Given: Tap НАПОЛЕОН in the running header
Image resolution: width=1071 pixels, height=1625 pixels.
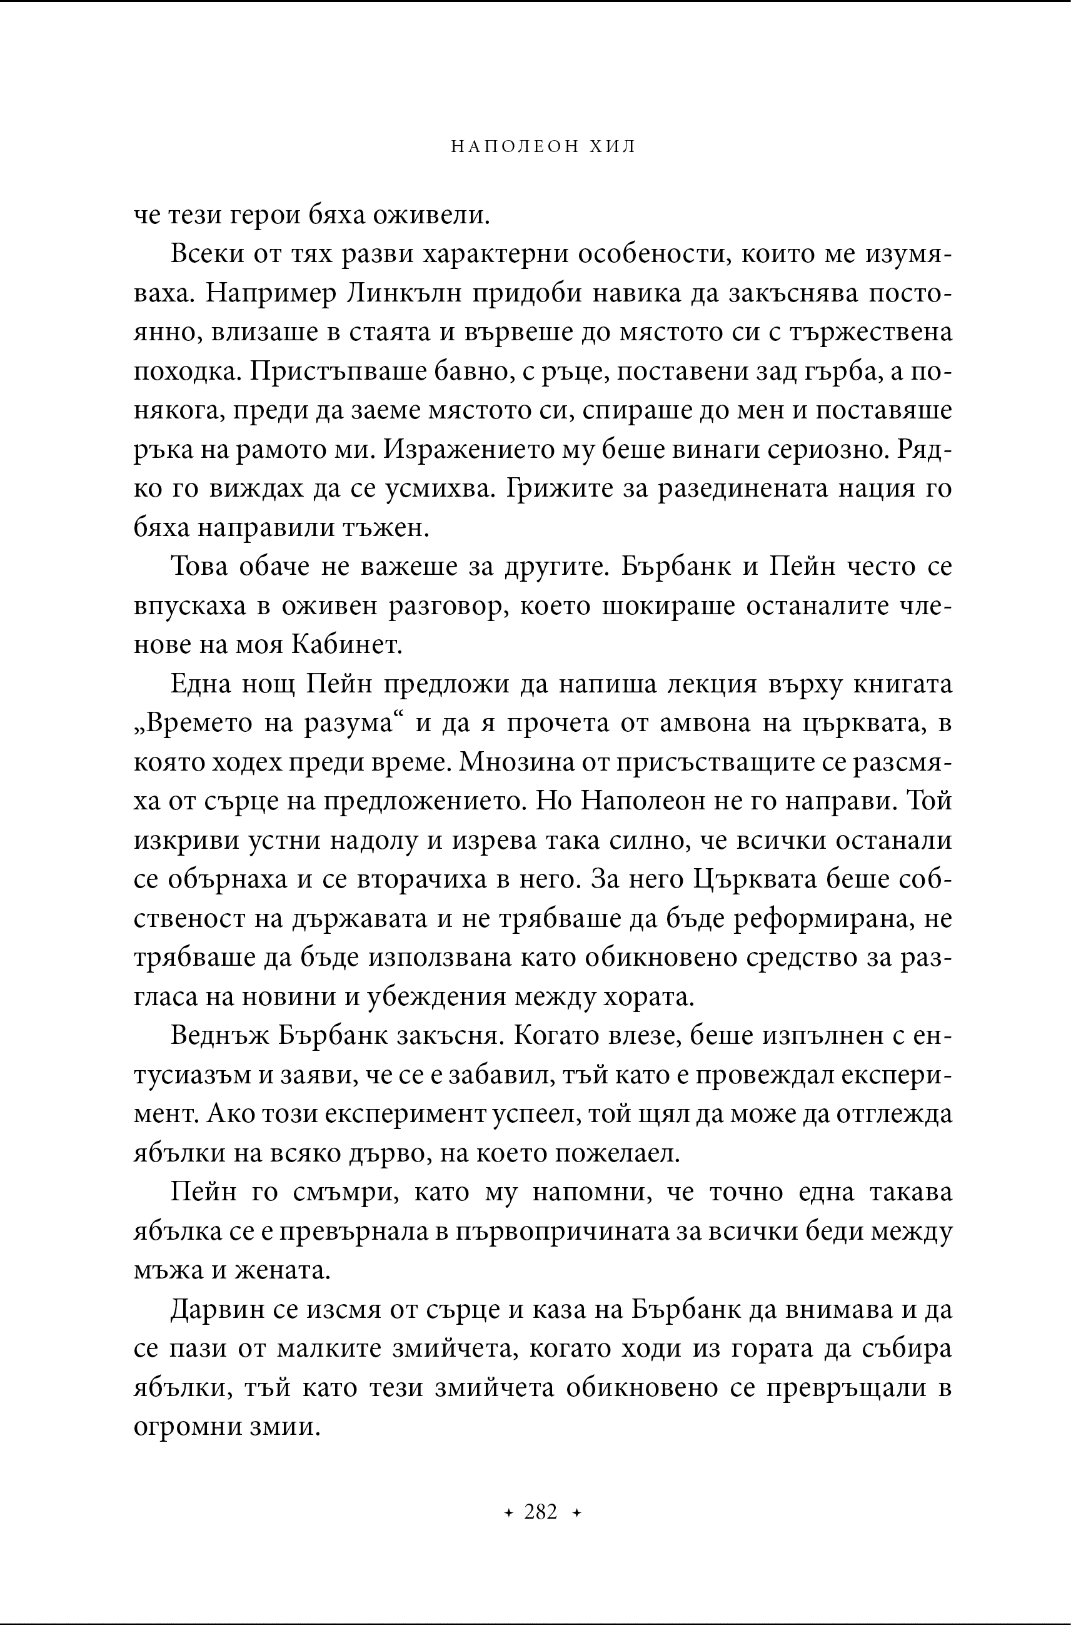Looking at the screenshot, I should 514,146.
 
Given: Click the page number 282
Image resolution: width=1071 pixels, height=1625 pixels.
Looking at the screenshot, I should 541,1512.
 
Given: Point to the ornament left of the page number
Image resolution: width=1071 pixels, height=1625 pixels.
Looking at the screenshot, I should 508,1513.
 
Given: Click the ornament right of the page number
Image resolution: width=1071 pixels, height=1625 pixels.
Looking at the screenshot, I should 576,1513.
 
